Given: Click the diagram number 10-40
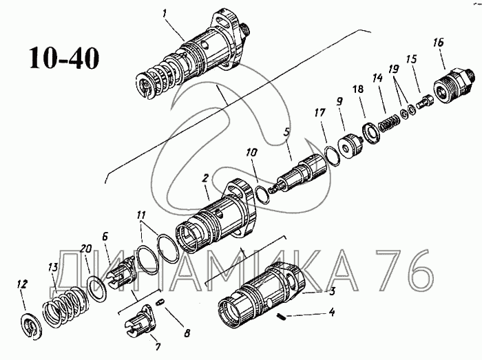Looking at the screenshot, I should (x=64, y=58).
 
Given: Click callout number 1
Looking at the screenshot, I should (x=163, y=13).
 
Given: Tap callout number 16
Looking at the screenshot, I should (x=438, y=43).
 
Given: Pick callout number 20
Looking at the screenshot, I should (x=85, y=249).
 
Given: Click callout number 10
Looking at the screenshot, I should (x=251, y=169).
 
